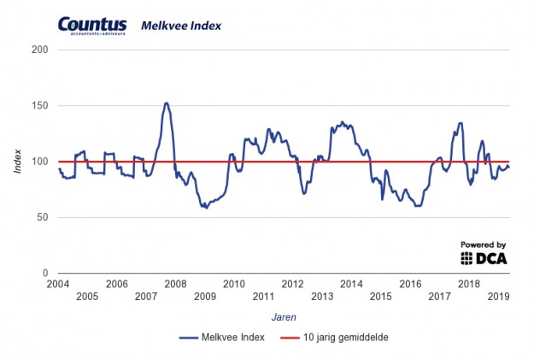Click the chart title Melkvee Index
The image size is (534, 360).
pyautogui.click(x=180, y=26)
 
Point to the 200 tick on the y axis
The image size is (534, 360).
pyautogui.click(x=39, y=50)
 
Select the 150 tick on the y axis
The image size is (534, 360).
pyautogui.click(x=39, y=106)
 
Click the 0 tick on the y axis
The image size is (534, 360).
pyautogui.click(x=44, y=273)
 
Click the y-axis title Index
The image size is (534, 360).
pyautogui.click(x=18, y=162)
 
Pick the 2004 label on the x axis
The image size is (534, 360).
pyautogui.click(x=58, y=284)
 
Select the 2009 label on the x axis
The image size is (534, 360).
pyautogui.click(x=204, y=296)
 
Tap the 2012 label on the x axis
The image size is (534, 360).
pyautogui.click(x=292, y=284)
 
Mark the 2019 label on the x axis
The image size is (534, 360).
pyautogui.click(x=498, y=296)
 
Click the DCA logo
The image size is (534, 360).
pyautogui.click(x=484, y=257)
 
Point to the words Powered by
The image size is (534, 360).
pyautogui.click(x=484, y=244)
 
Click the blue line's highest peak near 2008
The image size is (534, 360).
pyautogui.click(x=166, y=103)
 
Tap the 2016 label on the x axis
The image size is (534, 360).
pyautogui.click(x=410, y=284)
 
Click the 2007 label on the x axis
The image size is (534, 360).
pyautogui.click(x=146, y=296)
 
